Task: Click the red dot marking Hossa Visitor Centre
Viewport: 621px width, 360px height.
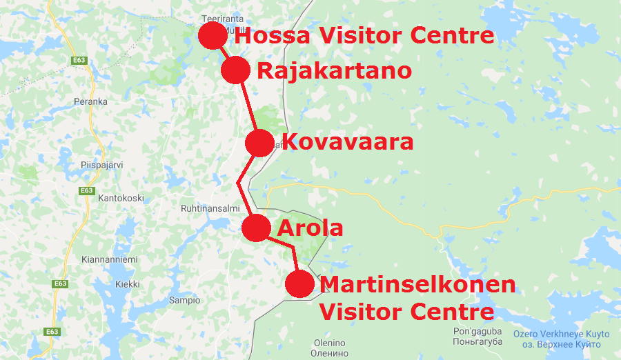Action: click(213, 35)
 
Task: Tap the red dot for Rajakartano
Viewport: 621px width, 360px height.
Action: click(235, 70)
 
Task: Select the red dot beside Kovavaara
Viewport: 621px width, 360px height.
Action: click(259, 143)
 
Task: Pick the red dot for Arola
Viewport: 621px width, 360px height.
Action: click(256, 228)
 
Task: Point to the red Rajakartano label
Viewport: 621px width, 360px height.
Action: click(334, 70)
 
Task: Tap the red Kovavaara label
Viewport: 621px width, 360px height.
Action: click(348, 143)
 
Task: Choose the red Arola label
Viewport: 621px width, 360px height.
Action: click(310, 228)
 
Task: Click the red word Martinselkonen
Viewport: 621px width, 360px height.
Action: click(418, 284)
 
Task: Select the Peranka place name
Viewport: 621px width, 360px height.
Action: click(90, 101)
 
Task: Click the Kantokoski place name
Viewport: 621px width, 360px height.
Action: click(121, 198)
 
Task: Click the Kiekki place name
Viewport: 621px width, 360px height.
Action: click(128, 284)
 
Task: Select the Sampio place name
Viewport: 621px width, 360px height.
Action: click(184, 300)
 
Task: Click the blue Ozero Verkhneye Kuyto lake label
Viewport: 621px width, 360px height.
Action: click(557, 334)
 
